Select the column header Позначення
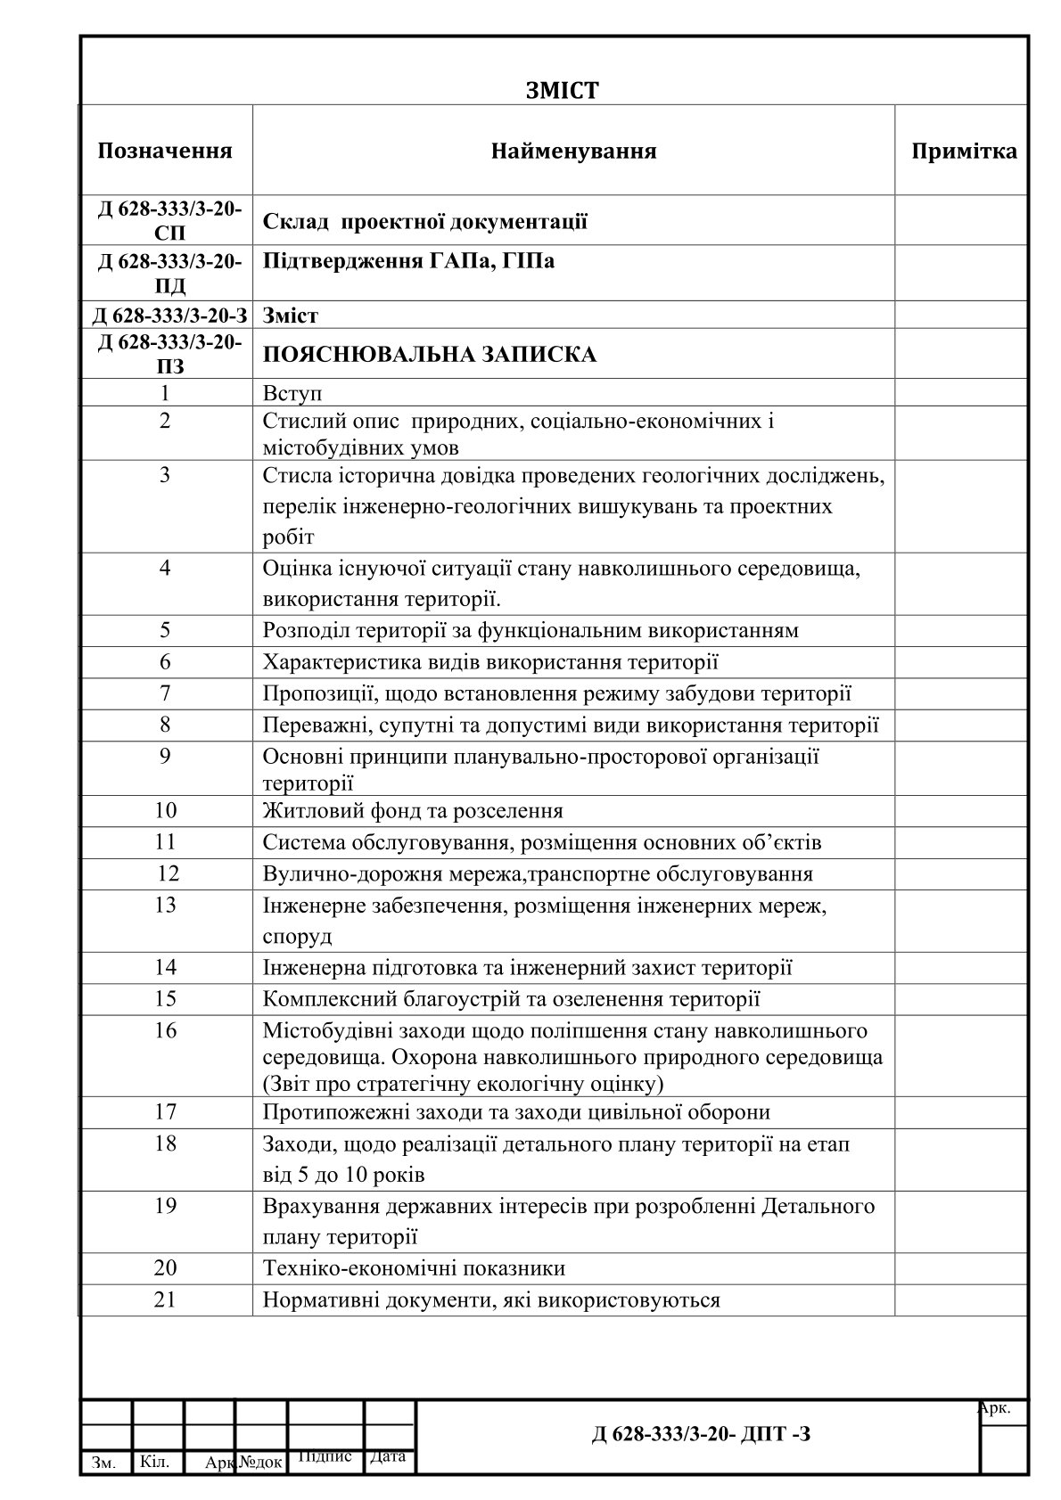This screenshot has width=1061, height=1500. (x=165, y=151)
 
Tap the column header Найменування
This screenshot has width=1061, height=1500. (x=573, y=152)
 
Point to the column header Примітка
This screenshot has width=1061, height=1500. (x=963, y=152)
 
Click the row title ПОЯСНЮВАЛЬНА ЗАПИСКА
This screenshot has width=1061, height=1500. (x=430, y=355)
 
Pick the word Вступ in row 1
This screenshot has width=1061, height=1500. (x=292, y=393)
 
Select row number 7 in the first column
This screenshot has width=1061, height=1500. (x=165, y=693)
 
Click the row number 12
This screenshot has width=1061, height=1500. (x=167, y=873)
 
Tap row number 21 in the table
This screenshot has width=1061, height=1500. (x=165, y=1299)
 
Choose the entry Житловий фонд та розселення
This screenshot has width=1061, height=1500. (x=413, y=811)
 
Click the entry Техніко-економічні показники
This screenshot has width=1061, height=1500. (x=414, y=1268)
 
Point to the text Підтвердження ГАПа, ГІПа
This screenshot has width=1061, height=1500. (x=408, y=261)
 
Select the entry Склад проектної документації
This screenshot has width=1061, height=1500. (x=424, y=221)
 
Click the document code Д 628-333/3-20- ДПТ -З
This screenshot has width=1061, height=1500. (x=701, y=1434)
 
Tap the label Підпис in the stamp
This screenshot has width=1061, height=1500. (x=325, y=1455)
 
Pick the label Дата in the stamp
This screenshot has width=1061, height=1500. (x=388, y=1456)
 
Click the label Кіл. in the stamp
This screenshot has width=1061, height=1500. (x=155, y=1462)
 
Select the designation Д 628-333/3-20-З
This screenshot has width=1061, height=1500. (x=169, y=315)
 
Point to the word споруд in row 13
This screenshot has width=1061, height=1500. (x=297, y=937)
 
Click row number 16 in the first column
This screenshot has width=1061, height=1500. (x=165, y=1031)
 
